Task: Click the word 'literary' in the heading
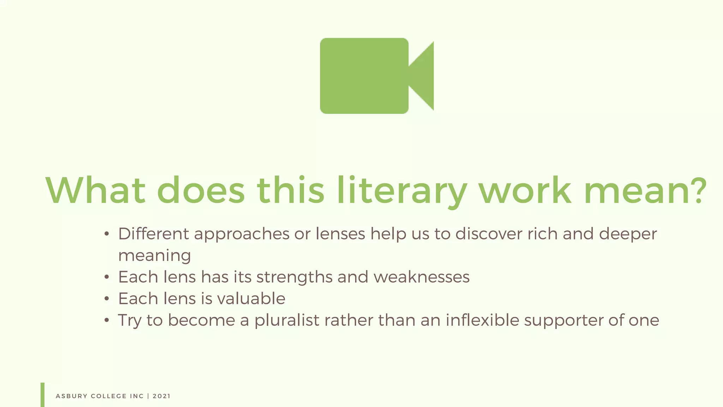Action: coord(402,191)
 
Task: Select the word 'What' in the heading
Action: coord(95,191)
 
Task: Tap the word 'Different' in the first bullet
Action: coord(153,234)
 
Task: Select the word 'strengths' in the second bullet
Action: coord(294,277)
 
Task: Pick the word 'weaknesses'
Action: coord(422,277)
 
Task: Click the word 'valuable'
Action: coord(251,299)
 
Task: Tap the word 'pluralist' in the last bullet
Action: coord(287,320)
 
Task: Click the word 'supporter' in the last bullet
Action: coord(563,320)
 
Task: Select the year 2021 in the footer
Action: coord(162,396)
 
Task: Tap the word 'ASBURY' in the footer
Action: coord(72,396)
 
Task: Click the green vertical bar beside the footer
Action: coord(42,395)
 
